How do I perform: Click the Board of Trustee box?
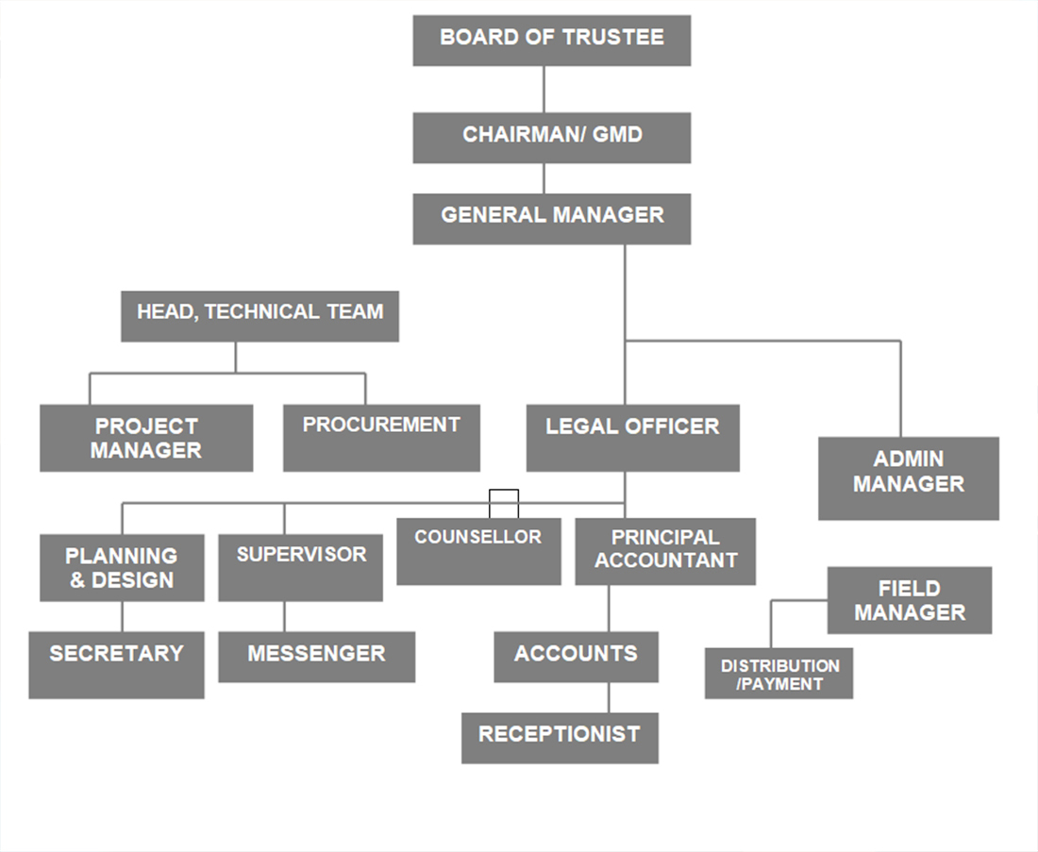551,41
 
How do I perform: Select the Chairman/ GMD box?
551,138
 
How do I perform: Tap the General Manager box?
551,218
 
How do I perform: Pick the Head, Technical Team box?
259,315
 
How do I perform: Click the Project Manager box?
146,438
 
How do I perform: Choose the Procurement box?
381,438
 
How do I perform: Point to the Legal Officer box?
632,438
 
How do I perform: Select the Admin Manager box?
908,477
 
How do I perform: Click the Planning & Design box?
122,567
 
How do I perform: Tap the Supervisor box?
300,567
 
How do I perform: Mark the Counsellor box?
478,551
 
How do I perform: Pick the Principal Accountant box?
665,551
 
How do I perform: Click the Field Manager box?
910,600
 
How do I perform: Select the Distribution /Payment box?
778,674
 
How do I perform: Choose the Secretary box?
116,664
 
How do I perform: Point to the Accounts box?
576,657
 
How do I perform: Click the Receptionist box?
560,737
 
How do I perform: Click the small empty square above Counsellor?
504,503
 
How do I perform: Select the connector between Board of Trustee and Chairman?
544,90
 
